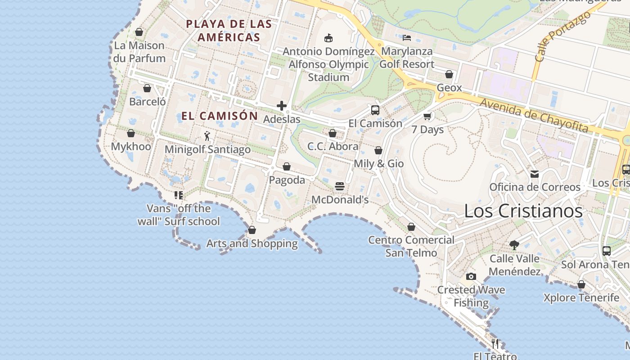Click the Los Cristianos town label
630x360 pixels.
(523, 211)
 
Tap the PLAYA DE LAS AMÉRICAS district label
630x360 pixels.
(229, 31)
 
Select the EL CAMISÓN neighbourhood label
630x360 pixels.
(220, 116)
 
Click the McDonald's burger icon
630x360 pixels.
(340, 186)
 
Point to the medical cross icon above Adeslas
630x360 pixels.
(282, 106)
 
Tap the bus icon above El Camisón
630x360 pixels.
(375, 110)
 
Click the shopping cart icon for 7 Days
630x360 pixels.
(427, 117)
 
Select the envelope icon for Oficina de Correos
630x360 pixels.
(535, 174)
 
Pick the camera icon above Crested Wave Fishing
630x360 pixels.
(471, 276)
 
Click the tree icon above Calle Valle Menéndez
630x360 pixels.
(514, 245)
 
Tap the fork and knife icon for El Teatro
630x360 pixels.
(495, 343)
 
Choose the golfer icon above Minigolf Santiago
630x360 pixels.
(207, 136)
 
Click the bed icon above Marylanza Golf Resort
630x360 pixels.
(407, 38)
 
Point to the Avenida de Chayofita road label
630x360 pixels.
(534, 115)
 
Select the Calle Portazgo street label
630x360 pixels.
(562, 36)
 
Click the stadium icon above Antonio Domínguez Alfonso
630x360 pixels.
(328, 38)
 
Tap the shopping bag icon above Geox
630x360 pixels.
(449, 74)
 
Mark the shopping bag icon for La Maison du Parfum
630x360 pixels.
(139, 32)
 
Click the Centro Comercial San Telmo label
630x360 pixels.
(411, 246)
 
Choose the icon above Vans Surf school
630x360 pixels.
(179, 195)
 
